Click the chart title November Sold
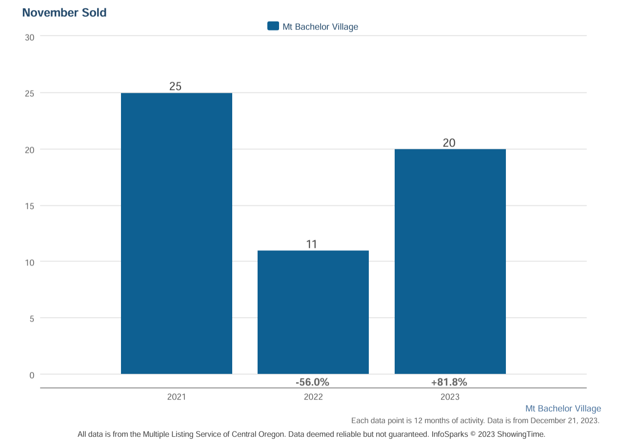tap(64, 13)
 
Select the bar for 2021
tap(176, 233)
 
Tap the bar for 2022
tap(313, 312)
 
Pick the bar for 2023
tap(450, 262)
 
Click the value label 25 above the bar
tap(175, 86)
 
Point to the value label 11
tap(312, 244)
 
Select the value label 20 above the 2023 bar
tap(449, 143)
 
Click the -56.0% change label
tap(312, 382)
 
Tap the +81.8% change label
tap(449, 382)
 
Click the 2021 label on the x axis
tap(176, 397)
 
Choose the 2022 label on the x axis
tap(313, 397)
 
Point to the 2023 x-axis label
tap(450, 397)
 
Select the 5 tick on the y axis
tap(32, 319)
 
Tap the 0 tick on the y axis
tap(32, 375)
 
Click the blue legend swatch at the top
tap(273, 26)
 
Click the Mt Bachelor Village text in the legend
tap(320, 27)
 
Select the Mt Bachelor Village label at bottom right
tap(563, 408)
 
